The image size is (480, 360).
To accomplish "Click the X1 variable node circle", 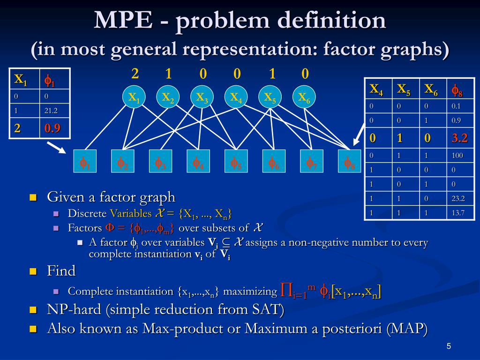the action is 134,97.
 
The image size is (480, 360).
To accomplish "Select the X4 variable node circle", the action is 236,97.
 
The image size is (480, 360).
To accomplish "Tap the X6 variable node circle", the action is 304,97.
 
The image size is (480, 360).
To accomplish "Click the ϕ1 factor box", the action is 85,162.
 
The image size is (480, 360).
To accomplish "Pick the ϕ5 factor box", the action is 236,162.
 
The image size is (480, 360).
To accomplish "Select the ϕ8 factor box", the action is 349,162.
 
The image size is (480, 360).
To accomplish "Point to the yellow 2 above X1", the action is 135,74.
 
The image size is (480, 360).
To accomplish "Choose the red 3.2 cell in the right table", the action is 460,138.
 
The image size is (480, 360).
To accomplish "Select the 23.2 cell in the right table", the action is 458,198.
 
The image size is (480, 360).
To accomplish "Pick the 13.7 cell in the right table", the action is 458,213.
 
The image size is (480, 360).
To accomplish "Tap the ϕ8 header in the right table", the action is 457,89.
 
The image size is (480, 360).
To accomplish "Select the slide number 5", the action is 449,346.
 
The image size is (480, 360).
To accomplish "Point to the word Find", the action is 61,271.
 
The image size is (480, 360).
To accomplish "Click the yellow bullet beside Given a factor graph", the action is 33,197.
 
